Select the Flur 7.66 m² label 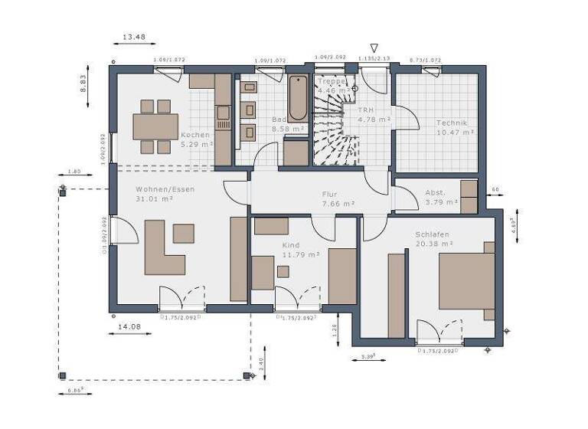coord(338,199)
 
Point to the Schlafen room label coord(432,238)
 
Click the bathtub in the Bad coord(297,97)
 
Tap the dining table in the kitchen coord(155,126)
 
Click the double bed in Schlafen coord(466,280)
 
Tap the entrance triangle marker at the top coord(374,48)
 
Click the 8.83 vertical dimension coord(85,83)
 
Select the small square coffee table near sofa coord(183,233)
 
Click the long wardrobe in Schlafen coord(396,295)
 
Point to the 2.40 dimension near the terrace coord(262,364)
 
